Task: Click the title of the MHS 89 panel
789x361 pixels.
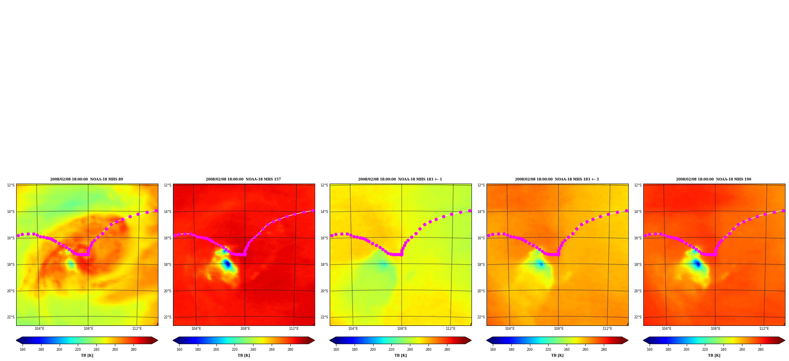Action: coord(86,179)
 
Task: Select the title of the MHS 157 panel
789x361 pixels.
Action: coord(243,179)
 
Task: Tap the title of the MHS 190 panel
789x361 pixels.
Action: coord(714,179)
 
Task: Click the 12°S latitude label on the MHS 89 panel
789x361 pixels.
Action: coord(11,185)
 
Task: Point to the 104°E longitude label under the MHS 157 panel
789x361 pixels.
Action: coord(196,329)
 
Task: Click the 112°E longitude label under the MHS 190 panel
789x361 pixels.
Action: coord(764,329)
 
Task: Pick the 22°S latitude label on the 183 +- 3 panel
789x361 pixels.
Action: coord(481,317)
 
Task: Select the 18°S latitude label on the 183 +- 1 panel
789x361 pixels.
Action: coord(324,265)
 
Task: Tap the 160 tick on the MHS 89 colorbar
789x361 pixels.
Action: coord(23,349)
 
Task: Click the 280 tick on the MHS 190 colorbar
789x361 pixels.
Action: coord(761,349)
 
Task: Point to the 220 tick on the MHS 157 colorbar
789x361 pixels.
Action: coord(235,349)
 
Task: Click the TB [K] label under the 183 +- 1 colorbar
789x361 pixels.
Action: coord(400,355)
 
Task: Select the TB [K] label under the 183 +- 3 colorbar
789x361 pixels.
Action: coord(557,355)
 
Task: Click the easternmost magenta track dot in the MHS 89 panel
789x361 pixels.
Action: coord(156,211)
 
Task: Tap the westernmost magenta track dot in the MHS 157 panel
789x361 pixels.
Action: coord(175,235)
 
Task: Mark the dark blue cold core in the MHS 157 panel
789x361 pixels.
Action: coord(227,264)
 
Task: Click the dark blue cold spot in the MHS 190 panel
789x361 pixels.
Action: coord(697,264)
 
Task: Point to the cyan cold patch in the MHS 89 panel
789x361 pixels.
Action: coord(71,264)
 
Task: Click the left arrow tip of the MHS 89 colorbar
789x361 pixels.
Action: coord(16,340)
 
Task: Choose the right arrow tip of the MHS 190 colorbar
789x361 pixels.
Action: coord(785,340)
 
